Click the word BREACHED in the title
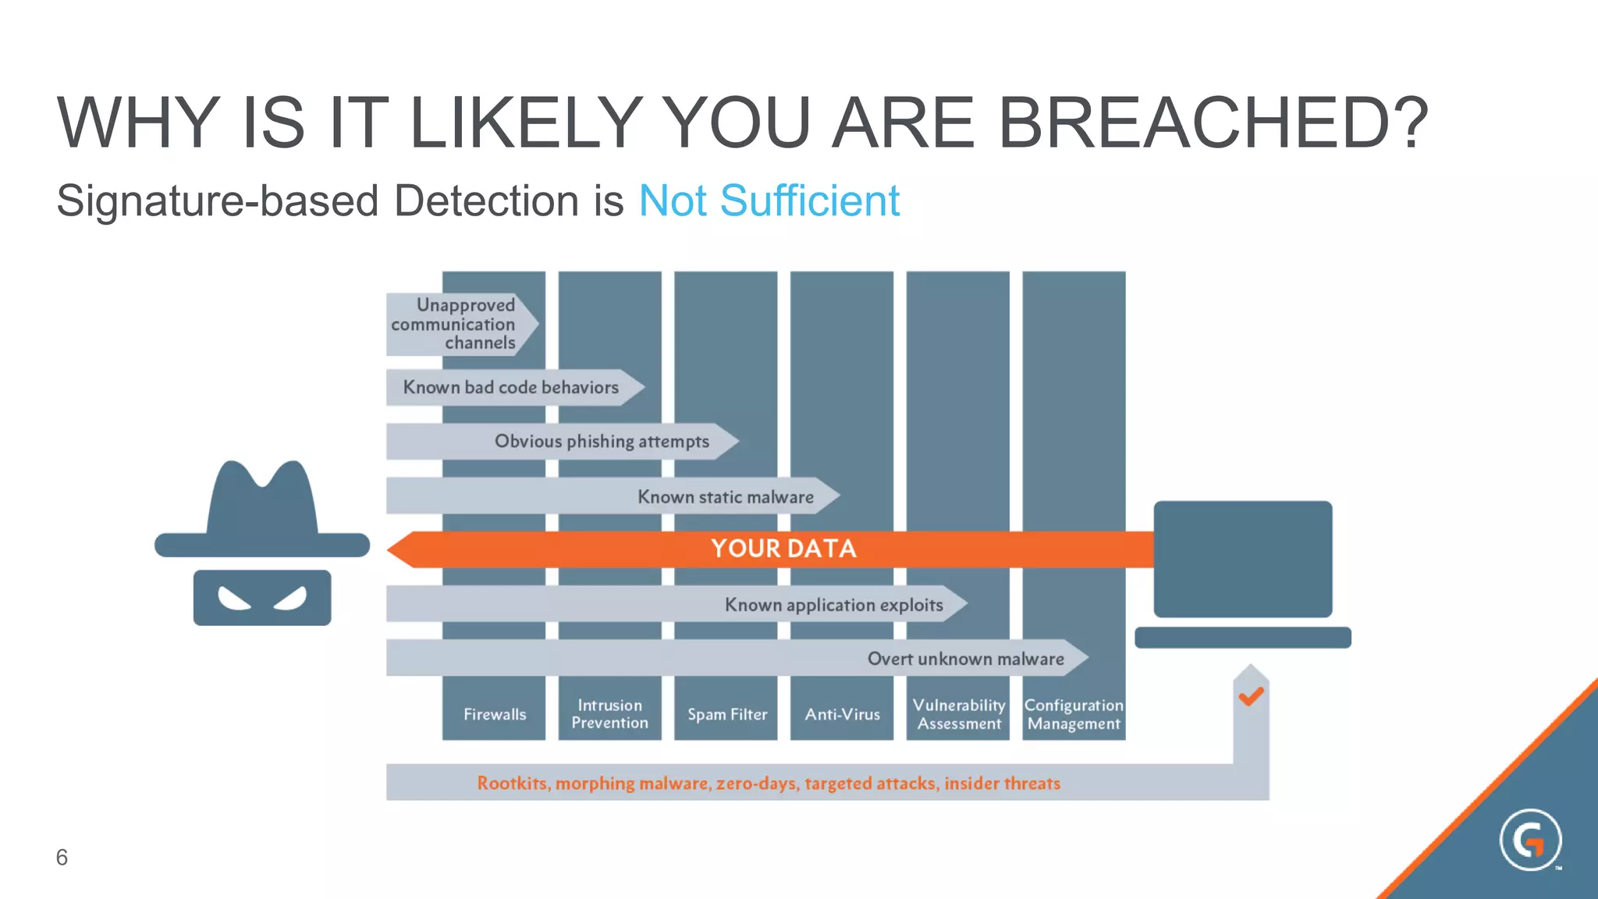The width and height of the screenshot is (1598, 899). click(x=1213, y=123)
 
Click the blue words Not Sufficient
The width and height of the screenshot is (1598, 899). click(x=769, y=201)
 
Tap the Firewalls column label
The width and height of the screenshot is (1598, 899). click(x=495, y=714)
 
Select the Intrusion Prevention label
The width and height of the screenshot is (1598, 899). click(x=609, y=714)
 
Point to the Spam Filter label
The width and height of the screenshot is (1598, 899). click(x=727, y=714)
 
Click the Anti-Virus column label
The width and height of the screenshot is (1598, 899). click(x=842, y=714)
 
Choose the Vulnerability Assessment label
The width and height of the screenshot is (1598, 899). click(x=958, y=714)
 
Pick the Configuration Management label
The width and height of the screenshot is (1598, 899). click(x=1074, y=714)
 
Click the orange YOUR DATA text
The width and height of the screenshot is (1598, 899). click(x=783, y=549)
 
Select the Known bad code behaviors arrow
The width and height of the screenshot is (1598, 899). click(x=511, y=387)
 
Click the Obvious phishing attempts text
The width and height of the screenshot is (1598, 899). click(x=602, y=442)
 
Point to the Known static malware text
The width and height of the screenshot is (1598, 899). click(x=725, y=497)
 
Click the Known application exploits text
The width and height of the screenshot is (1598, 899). click(x=833, y=605)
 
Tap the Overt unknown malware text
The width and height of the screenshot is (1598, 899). click(x=965, y=659)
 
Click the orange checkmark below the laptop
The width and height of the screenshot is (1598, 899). click(x=1251, y=695)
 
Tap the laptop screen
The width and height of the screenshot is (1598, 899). click(x=1242, y=559)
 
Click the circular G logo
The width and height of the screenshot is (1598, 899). click(x=1530, y=840)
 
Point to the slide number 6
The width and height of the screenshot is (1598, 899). click(x=62, y=857)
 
